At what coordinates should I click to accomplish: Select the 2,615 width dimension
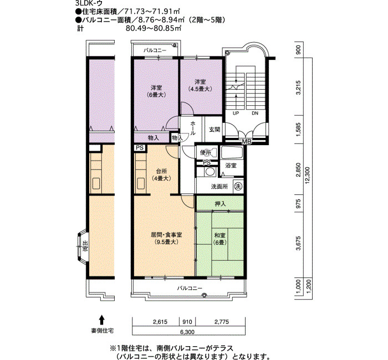point(160,322)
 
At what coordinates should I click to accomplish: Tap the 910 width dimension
point(187,322)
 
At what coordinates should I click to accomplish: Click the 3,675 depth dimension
point(299,243)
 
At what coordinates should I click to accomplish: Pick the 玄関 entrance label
point(215,129)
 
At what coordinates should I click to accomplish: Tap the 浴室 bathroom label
point(231,166)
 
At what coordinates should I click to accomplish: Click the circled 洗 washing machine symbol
point(238,186)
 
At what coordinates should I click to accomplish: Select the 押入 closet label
point(220,204)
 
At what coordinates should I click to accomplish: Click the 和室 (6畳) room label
point(219,239)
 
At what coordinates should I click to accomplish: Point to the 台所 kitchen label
point(161,171)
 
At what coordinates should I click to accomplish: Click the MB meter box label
point(247,142)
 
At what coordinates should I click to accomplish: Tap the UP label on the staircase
point(236,113)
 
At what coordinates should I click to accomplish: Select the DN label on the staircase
point(255,113)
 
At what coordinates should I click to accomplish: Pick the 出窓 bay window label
point(85,246)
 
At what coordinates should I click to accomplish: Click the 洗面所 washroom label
point(219,187)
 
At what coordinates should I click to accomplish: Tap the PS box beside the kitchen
point(140,148)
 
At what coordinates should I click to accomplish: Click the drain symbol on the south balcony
point(204,295)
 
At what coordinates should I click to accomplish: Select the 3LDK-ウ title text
point(89,3)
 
